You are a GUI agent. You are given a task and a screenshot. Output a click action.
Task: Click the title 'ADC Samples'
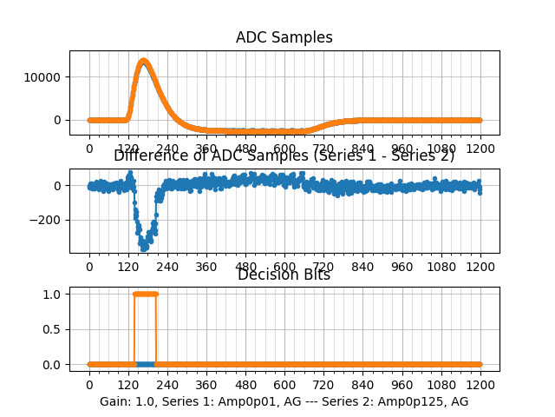(x=284, y=37)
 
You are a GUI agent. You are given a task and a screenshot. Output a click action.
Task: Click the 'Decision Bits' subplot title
(x=284, y=275)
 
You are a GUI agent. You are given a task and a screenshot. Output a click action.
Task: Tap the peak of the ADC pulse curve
(x=143, y=61)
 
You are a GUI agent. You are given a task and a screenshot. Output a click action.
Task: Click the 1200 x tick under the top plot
(x=480, y=149)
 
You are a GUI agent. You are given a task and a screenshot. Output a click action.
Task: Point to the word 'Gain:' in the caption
(x=116, y=401)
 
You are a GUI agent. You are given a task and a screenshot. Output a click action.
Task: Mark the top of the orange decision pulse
(x=145, y=294)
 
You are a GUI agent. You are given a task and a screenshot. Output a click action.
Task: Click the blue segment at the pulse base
(x=145, y=363)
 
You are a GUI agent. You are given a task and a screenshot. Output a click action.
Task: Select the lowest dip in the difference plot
(x=144, y=248)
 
